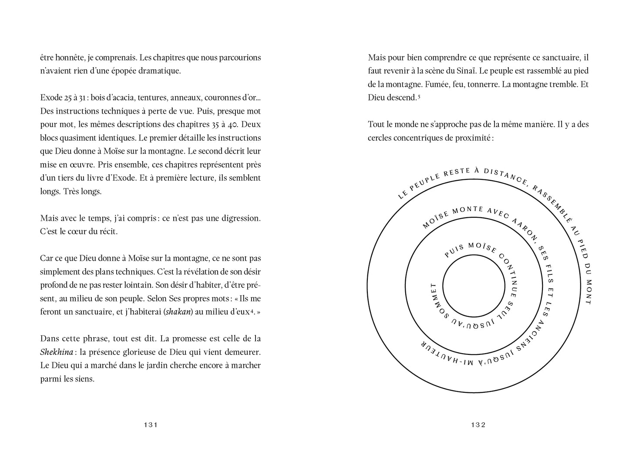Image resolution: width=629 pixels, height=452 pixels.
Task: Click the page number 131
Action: pos(150,425)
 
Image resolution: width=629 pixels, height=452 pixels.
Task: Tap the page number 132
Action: pos(478,425)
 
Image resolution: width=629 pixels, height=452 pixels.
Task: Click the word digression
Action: pos(239,218)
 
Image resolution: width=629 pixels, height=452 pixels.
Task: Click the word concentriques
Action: pos(416,138)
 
